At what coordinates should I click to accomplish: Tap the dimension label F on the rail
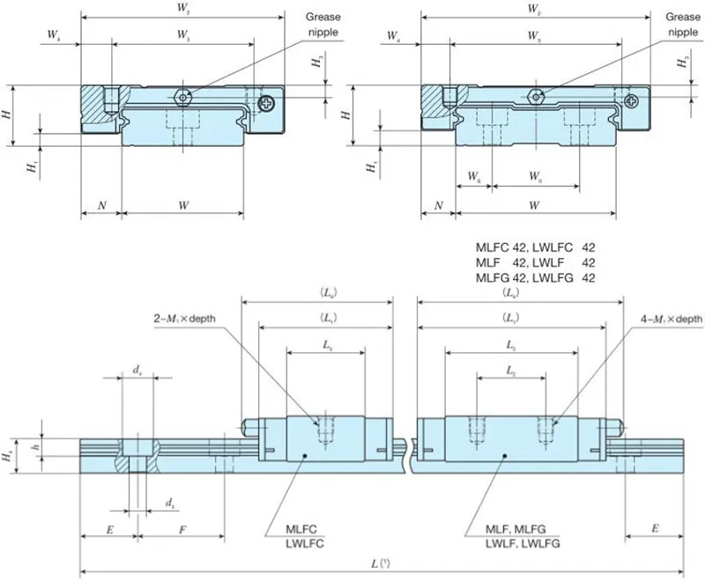pyautogui.click(x=182, y=530)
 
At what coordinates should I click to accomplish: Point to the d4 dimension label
pyautogui.click(x=137, y=372)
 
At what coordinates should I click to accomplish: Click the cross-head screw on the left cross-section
pyautogui.click(x=267, y=106)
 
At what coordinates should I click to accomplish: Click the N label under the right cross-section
pyautogui.click(x=438, y=205)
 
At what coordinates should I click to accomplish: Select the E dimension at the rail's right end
pyautogui.click(x=655, y=530)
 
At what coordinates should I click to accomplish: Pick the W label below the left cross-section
pyautogui.click(x=182, y=205)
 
